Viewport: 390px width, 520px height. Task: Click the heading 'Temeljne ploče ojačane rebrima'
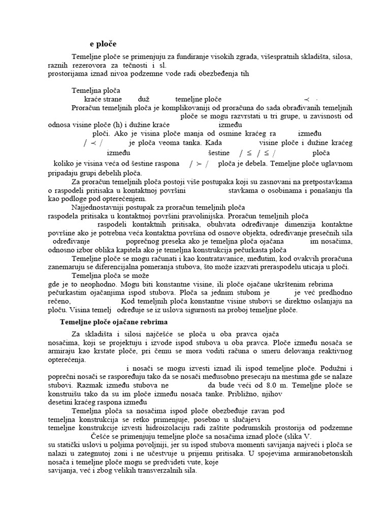[x=114, y=322]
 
